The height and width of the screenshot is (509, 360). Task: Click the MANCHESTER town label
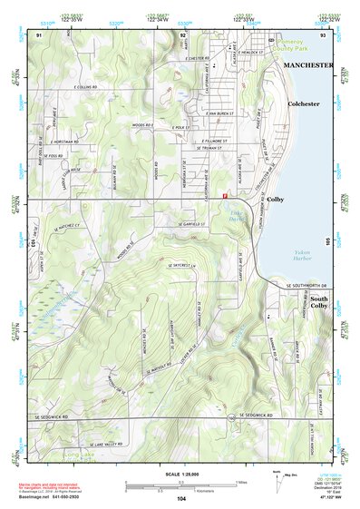tap(307, 66)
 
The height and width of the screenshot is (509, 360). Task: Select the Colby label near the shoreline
tap(276, 199)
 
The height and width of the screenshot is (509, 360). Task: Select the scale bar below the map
tap(180, 484)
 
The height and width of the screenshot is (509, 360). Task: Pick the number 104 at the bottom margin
tap(181, 498)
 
